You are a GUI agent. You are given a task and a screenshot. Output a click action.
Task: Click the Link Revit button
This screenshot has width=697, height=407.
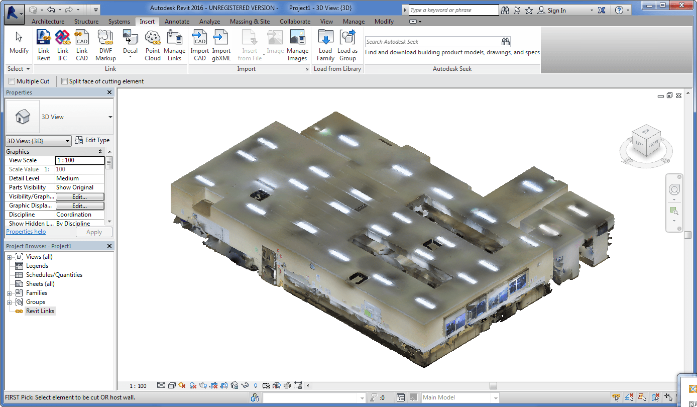click(44, 45)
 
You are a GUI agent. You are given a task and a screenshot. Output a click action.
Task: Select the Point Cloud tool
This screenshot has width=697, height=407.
click(153, 45)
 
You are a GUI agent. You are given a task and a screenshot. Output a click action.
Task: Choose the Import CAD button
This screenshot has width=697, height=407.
click(199, 45)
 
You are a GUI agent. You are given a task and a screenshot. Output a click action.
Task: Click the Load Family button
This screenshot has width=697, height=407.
click(325, 45)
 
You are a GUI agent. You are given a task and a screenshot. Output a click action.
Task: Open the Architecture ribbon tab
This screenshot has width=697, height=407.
click(48, 22)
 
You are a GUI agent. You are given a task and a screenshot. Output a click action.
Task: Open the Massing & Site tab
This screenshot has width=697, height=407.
click(250, 22)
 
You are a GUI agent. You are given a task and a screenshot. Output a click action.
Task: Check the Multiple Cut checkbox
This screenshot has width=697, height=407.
click(12, 81)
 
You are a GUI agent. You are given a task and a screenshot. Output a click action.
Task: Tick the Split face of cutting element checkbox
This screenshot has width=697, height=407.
click(64, 81)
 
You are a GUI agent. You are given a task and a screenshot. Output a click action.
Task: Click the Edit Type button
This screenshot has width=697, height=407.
click(92, 141)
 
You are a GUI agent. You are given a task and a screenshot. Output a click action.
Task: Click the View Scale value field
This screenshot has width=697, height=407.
click(80, 160)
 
